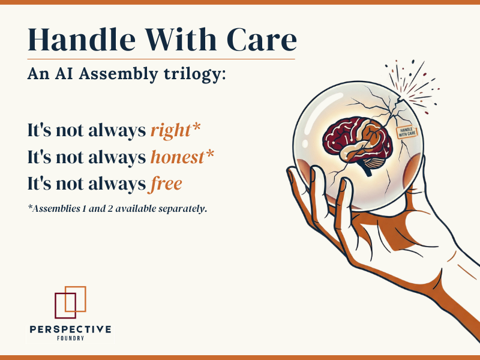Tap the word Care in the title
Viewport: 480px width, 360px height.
click(x=262, y=39)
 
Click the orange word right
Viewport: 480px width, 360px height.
click(x=171, y=131)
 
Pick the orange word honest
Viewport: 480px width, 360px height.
click(x=178, y=157)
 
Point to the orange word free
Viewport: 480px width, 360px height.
click(x=166, y=184)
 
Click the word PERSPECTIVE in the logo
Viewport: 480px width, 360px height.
click(x=70, y=329)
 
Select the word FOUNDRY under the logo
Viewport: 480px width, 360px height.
click(x=70, y=339)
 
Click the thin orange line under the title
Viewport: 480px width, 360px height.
click(x=161, y=59)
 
